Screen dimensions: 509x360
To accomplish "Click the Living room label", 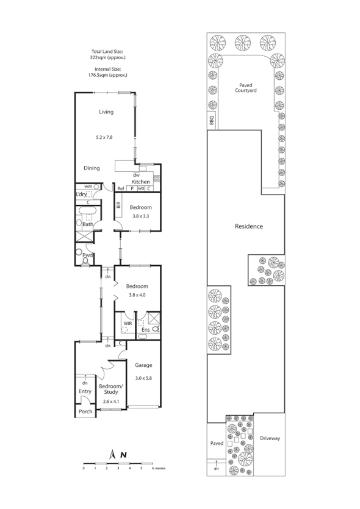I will (107, 112).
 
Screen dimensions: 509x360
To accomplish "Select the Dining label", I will (92, 168).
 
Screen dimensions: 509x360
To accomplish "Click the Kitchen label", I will (141, 182).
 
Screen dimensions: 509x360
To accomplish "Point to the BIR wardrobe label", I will (118, 205).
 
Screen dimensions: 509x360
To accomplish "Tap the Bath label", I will (87, 224).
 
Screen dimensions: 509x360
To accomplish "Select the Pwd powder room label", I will (87, 255).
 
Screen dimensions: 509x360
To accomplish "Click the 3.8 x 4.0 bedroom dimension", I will (137, 296).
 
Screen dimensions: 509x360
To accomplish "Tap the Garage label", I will (143, 365).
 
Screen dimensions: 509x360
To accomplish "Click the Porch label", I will (86, 413).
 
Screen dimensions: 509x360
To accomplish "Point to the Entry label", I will (84, 391).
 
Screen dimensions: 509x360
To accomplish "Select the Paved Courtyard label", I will (246, 88).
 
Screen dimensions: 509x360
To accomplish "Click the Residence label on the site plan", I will (249, 226).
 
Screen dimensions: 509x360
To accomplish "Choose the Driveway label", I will (269, 438).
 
